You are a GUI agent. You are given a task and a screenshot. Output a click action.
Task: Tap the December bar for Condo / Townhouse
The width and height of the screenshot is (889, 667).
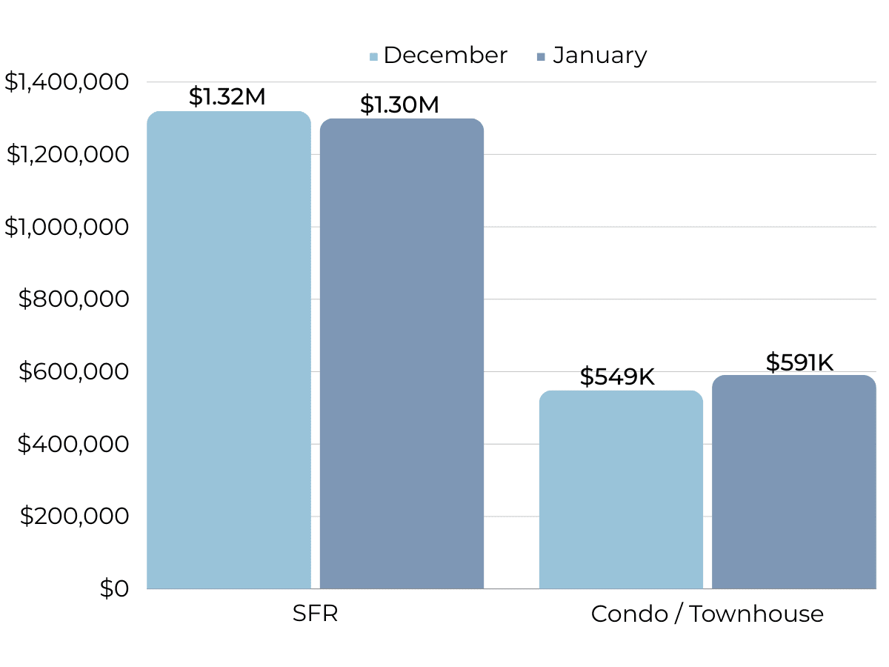point(621,489)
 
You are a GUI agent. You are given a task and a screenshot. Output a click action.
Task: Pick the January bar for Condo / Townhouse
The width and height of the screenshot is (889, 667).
point(793,482)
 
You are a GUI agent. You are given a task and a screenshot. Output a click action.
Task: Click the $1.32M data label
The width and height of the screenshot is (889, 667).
point(227,96)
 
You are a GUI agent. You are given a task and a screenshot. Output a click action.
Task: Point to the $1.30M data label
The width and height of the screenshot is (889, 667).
point(399,104)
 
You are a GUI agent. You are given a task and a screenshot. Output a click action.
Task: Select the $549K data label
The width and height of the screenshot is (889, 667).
point(617,376)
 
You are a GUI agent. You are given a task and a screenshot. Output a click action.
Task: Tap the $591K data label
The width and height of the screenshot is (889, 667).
point(799,362)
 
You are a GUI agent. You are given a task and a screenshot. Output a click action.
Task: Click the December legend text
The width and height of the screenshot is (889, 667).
point(445,56)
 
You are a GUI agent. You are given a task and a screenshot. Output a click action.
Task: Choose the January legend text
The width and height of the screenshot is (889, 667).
point(600,56)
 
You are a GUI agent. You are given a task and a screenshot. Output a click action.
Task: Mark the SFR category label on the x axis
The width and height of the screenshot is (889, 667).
point(316,614)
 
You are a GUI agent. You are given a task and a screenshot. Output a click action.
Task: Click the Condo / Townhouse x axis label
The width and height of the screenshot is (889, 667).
point(707,614)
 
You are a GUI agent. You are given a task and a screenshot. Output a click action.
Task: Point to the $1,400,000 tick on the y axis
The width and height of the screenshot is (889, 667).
point(67,82)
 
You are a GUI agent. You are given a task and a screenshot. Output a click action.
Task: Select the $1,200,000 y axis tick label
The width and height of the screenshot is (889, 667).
point(67,154)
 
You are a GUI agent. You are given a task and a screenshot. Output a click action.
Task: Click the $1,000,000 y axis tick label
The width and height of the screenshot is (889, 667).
point(67,227)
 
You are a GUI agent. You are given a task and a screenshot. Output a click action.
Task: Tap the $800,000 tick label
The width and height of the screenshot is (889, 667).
point(73,299)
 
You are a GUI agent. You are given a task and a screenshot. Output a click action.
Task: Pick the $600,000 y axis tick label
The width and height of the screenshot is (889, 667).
point(73,371)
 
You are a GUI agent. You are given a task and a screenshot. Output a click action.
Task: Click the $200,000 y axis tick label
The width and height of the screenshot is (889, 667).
point(73,516)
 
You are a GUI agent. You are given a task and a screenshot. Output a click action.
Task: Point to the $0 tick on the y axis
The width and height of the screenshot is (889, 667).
point(114,588)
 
